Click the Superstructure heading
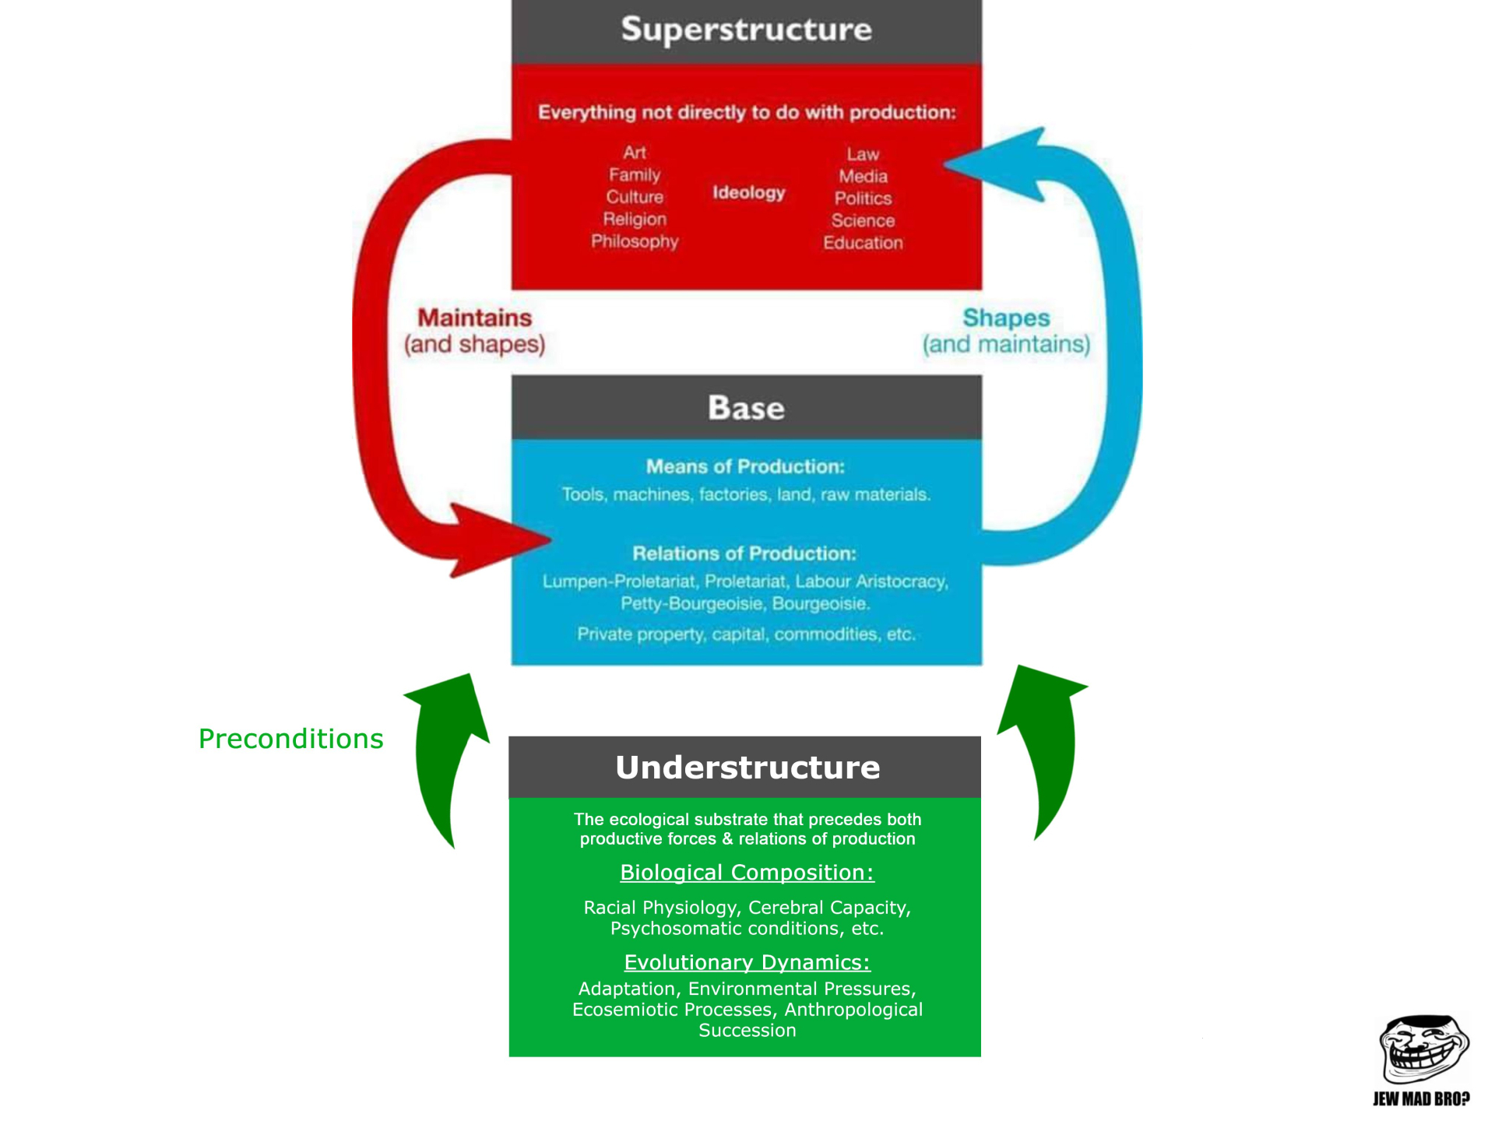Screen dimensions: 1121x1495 pos(746,30)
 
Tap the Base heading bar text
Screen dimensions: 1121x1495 pos(746,408)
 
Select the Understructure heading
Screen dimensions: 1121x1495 pos(747,768)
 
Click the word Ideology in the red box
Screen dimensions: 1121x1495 pos(748,192)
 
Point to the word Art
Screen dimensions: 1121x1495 pos(634,153)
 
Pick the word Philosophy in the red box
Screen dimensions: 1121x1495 pos(635,241)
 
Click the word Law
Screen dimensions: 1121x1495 pos(863,154)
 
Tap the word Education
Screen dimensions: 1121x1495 pos(863,243)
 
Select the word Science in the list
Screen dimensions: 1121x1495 pos(863,221)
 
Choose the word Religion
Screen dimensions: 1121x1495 pos(635,220)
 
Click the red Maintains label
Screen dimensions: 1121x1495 pos(474,318)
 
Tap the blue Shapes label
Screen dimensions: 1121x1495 pos(1006,318)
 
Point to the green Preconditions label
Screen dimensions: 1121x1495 pos(290,739)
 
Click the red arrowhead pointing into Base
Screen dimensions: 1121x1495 pos(498,540)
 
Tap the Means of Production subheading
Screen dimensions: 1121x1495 pos(745,466)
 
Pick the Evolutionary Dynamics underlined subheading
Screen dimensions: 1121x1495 pos(747,962)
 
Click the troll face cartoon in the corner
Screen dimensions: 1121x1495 pos(1423,1051)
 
